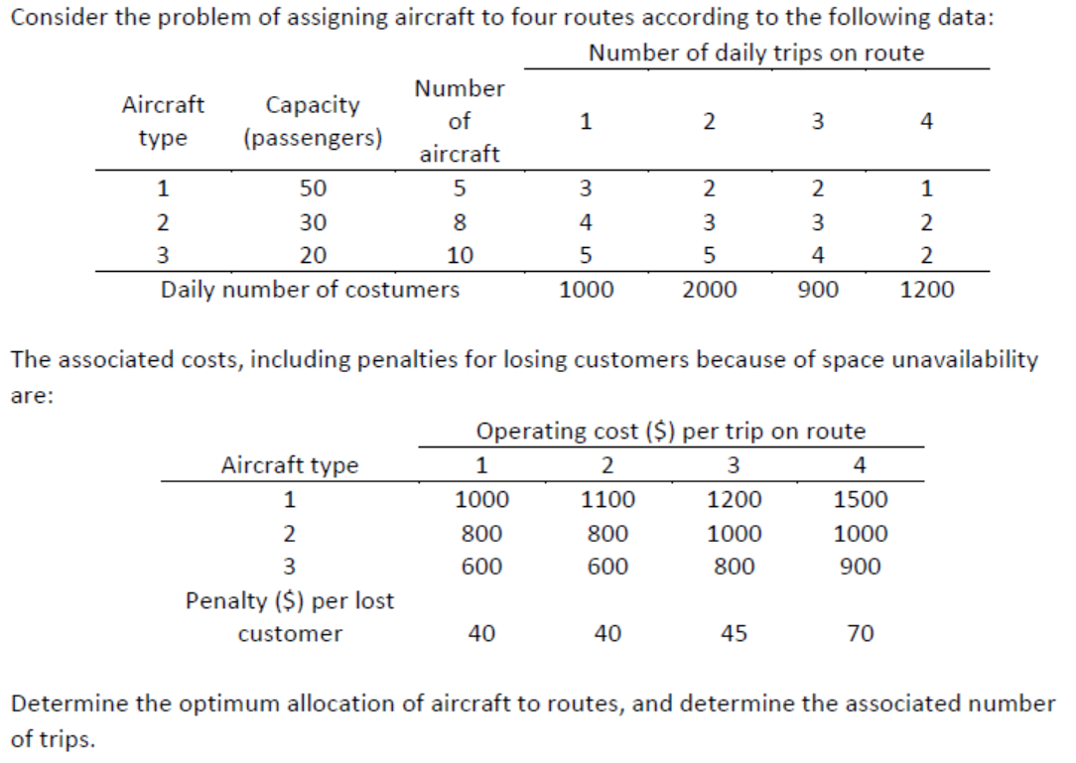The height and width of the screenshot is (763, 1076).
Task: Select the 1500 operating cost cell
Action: (x=860, y=500)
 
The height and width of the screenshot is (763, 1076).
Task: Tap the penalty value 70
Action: (x=860, y=633)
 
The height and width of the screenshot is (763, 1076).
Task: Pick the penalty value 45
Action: (x=734, y=633)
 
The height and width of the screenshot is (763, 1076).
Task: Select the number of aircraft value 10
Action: (x=460, y=255)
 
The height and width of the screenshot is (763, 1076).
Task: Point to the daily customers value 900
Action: (x=818, y=290)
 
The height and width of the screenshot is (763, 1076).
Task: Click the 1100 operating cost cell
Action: (x=607, y=500)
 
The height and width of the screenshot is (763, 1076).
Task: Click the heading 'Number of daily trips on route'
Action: (x=755, y=53)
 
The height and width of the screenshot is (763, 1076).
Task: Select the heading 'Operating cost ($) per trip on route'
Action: (x=671, y=432)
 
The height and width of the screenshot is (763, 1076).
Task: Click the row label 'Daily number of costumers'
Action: (x=311, y=290)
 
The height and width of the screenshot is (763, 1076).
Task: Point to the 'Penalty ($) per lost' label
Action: (x=290, y=600)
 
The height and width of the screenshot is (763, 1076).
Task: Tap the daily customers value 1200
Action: (x=927, y=290)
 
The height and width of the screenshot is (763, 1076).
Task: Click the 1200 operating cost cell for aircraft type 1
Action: (x=734, y=500)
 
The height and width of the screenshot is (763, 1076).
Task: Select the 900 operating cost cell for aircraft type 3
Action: (x=860, y=568)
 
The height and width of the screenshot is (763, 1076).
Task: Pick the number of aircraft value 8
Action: (x=460, y=221)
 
